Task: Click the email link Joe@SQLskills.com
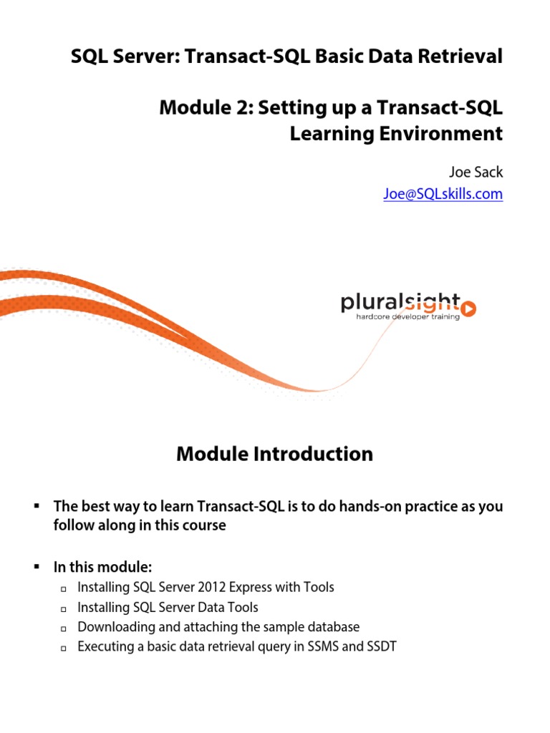pyautogui.click(x=443, y=193)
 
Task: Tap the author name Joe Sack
pyautogui.click(x=476, y=172)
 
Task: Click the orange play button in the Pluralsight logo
pyautogui.click(x=468, y=309)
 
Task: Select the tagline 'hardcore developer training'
pyautogui.click(x=407, y=317)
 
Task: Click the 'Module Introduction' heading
pyautogui.click(x=274, y=454)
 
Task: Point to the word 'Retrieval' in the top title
pyautogui.click(x=460, y=56)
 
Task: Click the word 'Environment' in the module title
pyautogui.click(x=441, y=133)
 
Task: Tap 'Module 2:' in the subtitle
pyautogui.click(x=207, y=107)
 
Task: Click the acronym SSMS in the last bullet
pyautogui.click(x=323, y=646)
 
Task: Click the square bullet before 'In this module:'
pyautogui.click(x=37, y=567)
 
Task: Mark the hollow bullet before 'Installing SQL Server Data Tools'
pyautogui.click(x=64, y=609)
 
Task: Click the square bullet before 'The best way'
pyautogui.click(x=37, y=505)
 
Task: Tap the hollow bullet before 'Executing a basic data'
pyautogui.click(x=64, y=649)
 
